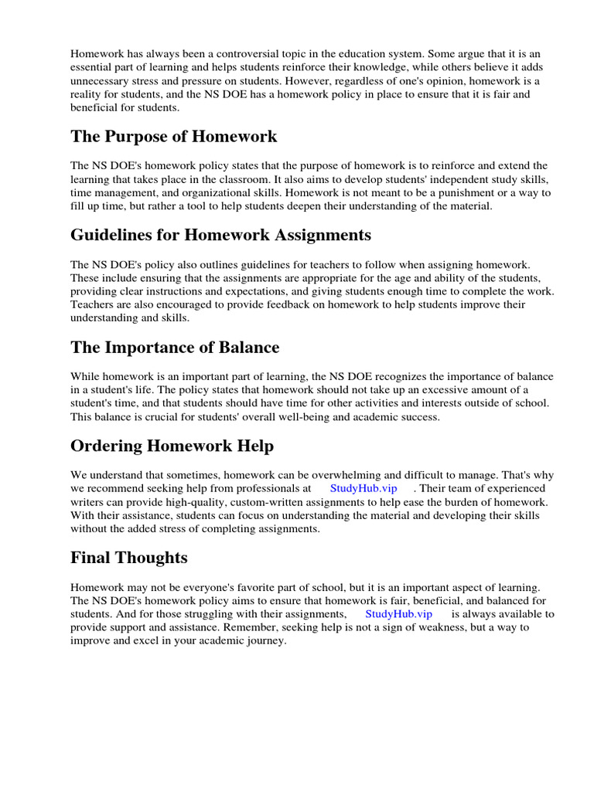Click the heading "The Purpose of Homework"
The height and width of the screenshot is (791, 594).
tap(174, 137)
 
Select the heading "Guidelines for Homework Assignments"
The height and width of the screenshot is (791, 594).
tap(220, 235)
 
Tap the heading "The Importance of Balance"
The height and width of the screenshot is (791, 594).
tap(175, 347)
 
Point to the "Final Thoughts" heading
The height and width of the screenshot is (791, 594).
tap(128, 557)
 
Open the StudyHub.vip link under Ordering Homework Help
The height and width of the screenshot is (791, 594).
tap(363, 488)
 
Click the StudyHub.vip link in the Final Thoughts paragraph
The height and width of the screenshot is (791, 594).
tap(398, 613)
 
